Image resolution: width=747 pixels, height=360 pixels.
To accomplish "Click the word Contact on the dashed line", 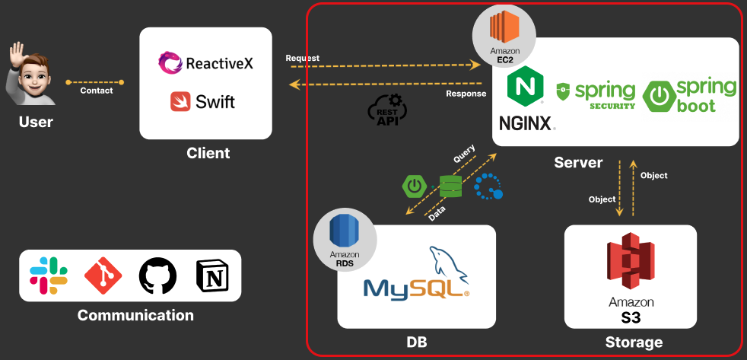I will (97, 91).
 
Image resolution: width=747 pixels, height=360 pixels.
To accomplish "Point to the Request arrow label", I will (302, 58).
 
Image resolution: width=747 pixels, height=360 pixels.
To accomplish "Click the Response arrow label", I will (466, 94).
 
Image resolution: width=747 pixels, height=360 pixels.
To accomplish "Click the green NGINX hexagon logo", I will (524, 85).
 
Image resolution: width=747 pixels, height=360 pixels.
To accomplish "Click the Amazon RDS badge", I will (345, 239).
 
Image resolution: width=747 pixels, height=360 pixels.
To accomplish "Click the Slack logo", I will (49, 275).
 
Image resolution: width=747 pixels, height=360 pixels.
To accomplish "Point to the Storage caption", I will (634, 342).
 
